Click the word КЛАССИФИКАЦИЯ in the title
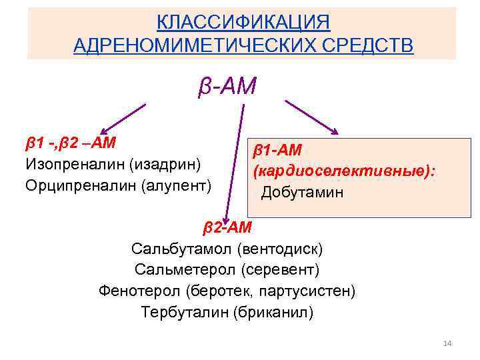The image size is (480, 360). [243, 22]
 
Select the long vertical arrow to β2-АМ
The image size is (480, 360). [231, 160]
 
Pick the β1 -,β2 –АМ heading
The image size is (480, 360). [71, 143]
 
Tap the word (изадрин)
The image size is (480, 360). [166, 163]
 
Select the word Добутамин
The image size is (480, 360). [303, 193]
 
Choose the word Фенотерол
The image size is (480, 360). [140, 291]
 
